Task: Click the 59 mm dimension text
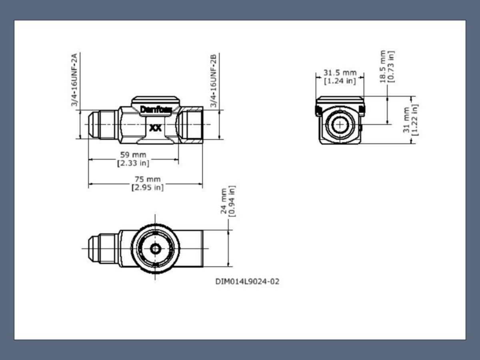point(133,155)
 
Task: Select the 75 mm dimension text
point(148,179)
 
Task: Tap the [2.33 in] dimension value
point(133,163)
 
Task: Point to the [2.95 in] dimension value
point(148,188)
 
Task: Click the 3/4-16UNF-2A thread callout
point(74,80)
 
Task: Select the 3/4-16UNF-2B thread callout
point(214,81)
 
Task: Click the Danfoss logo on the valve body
point(156,110)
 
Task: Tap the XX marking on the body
point(156,128)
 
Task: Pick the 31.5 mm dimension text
point(340,72)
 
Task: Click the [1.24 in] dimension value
point(340,81)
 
